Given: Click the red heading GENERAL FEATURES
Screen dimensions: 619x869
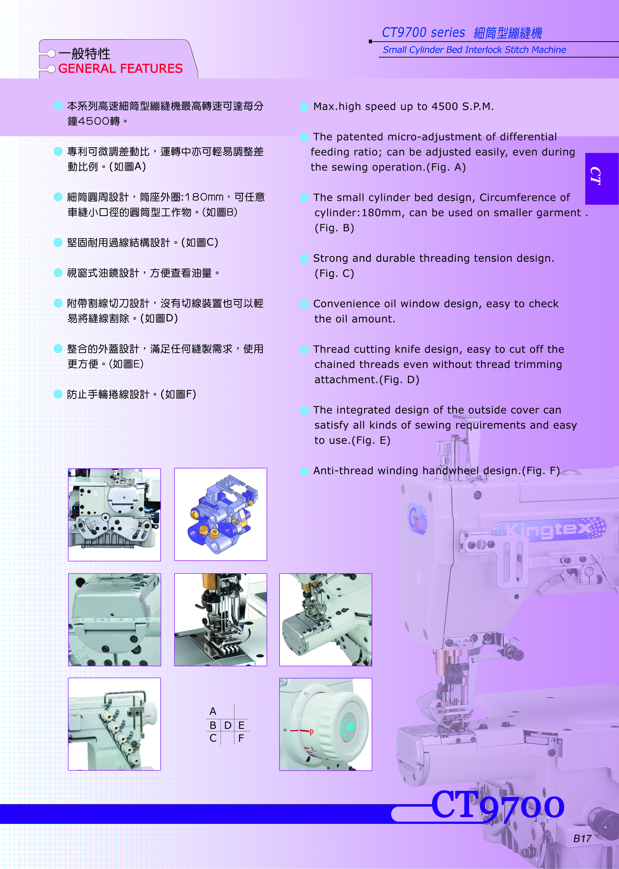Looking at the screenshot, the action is coord(120,69).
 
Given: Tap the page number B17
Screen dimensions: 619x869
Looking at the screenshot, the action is coord(582,838).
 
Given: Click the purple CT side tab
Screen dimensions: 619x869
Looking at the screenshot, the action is coord(602,178).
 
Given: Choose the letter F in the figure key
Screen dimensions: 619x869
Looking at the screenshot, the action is coord(241,738).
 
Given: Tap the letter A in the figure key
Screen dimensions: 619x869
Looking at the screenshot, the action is coord(213,711).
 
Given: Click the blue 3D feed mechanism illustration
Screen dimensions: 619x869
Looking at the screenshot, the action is coord(221,515).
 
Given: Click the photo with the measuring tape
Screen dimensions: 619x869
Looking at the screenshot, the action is coord(114,620).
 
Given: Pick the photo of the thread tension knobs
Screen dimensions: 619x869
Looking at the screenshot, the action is coord(114,724).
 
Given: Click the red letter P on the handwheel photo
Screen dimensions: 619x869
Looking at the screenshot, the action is coord(311,732).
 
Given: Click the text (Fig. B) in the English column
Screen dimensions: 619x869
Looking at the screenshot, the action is coord(334,228).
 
